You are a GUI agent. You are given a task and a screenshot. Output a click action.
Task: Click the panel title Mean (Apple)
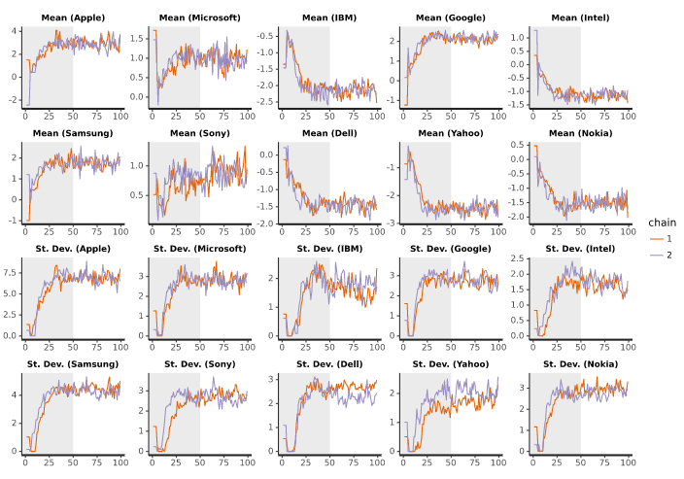tap(73, 17)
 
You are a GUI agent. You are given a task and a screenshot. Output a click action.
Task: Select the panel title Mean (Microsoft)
tap(199, 17)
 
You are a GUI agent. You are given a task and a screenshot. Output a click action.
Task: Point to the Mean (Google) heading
tap(454, 17)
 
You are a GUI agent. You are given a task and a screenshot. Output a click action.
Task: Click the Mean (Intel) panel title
tap(581, 17)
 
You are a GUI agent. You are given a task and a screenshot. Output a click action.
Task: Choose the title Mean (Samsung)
tap(73, 133)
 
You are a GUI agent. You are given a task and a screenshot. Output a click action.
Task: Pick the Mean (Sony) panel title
tap(199, 133)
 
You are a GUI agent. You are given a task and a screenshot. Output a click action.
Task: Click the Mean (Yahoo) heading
tap(454, 133)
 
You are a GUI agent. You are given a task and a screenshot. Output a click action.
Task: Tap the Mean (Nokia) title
tap(581, 133)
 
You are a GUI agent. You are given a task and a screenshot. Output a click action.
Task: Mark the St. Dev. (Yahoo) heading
tap(454, 364)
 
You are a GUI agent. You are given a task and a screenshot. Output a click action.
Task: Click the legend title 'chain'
tap(664, 222)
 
